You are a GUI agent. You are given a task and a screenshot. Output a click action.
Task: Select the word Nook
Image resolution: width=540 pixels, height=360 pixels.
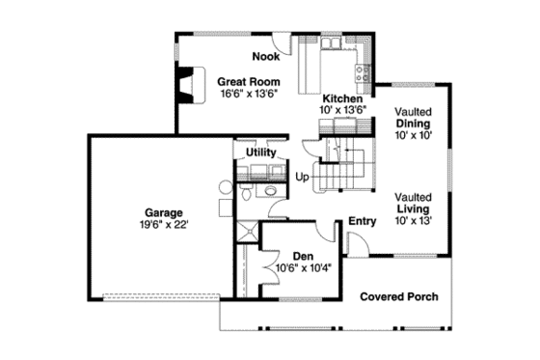click(x=267, y=56)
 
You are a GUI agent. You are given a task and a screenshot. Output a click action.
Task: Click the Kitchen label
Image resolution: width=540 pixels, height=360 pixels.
click(x=342, y=98)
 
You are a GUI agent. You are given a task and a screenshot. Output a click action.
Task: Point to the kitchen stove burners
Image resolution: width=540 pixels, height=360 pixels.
click(x=364, y=69)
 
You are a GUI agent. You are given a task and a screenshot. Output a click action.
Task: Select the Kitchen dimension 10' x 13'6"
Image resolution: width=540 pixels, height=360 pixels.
click(x=342, y=110)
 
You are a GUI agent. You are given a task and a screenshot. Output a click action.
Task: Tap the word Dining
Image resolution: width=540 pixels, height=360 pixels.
click(x=413, y=124)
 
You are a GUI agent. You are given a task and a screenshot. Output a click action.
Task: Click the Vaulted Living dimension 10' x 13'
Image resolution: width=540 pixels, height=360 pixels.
click(x=413, y=220)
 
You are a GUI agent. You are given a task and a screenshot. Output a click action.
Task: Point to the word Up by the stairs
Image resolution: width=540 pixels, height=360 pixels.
click(x=302, y=177)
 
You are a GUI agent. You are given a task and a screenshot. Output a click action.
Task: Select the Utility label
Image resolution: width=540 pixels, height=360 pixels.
click(x=261, y=152)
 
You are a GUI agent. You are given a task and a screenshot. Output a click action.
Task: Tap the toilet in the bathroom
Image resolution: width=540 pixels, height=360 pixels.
click(x=248, y=194)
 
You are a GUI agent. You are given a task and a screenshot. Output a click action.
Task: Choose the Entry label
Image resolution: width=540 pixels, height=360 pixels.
click(x=362, y=221)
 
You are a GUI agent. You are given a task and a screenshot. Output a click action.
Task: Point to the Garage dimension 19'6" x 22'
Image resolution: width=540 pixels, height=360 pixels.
click(x=163, y=223)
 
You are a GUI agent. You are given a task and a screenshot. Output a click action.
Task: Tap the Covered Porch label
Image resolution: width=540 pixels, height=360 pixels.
click(x=399, y=296)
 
